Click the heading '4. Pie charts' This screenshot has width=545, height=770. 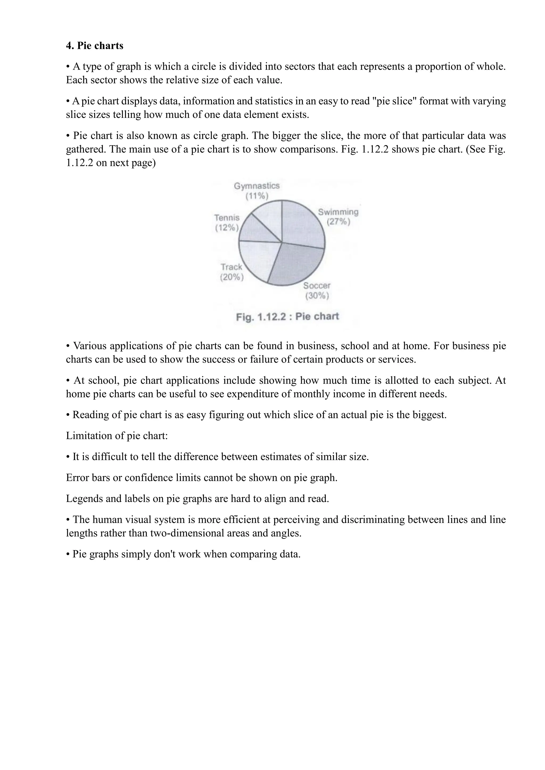pos(95,46)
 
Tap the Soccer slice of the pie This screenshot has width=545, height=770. pos(295,265)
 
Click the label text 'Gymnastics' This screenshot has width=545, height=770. pos(257,186)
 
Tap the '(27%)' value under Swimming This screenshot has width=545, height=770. pos(338,222)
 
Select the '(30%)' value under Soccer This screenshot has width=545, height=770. pos(317,296)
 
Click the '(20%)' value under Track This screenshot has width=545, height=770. pos(232,277)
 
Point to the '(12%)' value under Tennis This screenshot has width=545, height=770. pos(227,228)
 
